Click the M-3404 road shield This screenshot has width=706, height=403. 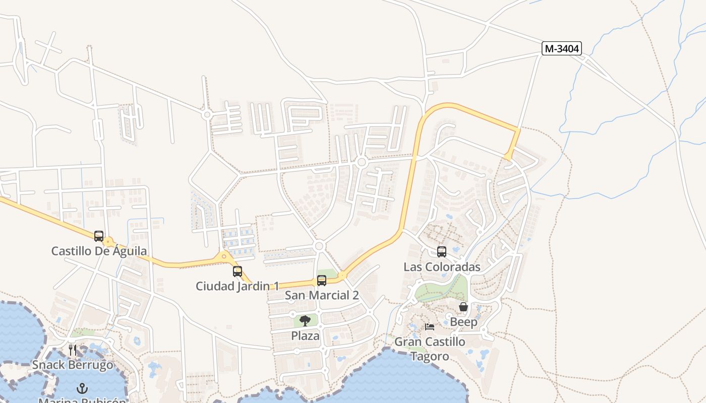pyautogui.click(x=562, y=48)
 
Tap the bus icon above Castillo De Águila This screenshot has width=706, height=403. pyautogui.click(x=99, y=236)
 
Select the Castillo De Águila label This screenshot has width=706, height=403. pyautogui.click(x=99, y=250)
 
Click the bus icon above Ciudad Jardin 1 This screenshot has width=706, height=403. pyautogui.click(x=238, y=272)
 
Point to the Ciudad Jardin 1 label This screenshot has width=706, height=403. pyautogui.click(x=237, y=286)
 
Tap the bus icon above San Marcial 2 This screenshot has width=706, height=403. pyautogui.click(x=322, y=281)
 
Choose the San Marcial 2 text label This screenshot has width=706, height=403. pyautogui.click(x=322, y=295)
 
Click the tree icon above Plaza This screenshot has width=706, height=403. pyautogui.click(x=305, y=321)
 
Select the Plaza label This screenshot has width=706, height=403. pyautogui.click(x=305, y=335)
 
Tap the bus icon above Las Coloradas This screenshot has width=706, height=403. pyautogui.click(x=442, y=252)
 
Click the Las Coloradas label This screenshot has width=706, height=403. pyautogui.click(x=442, y=266)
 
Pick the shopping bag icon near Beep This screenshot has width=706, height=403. pyautogui.click(x=463, y=307)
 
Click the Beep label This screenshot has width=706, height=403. pyautogui.click(x=463, y=322)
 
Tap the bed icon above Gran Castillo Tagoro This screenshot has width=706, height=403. pyautogui.click(x=430, y=326)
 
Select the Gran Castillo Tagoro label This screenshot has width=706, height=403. pyautogui.click(x=430, y=349)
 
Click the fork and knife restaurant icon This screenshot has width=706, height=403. pyautogui.click(x=73, y=350)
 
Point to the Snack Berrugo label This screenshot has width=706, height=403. pyautogui.click(x=73, y=364)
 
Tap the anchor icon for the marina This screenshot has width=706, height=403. pyautogui.click(x=82, y=388)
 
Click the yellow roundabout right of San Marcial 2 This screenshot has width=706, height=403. pyautogui.click(x=342, y=276)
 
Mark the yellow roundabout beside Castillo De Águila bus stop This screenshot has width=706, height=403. pyautogui.click(x=108, y=242)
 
